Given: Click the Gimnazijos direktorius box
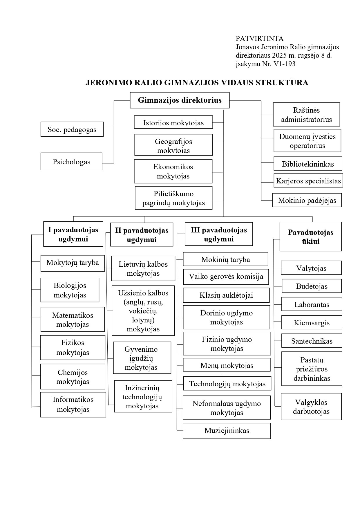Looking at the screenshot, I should pos(180,100).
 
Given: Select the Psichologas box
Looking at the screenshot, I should pos(71,161).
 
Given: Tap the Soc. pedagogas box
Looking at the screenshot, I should pos(72,129).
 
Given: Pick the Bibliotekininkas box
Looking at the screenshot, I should pos(308,164).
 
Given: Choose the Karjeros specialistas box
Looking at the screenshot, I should pos(308,181).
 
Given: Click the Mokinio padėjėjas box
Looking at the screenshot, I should pos(307,200).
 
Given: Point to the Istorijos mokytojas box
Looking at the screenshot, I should pos(173,122).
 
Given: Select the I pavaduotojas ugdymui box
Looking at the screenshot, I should pos(73,234).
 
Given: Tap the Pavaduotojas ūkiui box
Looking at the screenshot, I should pos(310,237).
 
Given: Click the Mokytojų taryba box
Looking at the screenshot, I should pos(73,263).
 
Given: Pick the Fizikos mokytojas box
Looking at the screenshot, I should pos(73,347).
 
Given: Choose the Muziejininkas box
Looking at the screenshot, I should pos(227,431).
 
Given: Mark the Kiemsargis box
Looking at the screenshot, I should pos(312,322).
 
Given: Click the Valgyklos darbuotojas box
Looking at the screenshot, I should pos(311,407).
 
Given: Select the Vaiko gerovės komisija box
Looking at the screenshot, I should pos(226,277).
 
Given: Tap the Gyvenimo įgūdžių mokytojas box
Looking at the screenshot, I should pos(142,358).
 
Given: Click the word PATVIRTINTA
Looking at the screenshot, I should pos(260,39).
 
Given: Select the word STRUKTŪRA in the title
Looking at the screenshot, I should pos(282,83).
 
